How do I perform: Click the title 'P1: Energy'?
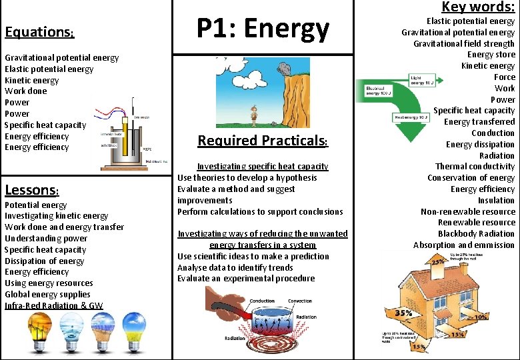263,28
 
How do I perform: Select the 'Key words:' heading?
478,7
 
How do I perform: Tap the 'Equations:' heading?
39,33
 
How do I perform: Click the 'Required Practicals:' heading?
263,141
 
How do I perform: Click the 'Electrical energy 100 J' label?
379,91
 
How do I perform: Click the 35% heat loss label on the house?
403,312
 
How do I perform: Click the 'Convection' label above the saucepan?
299,301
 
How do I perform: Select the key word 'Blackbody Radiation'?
476,234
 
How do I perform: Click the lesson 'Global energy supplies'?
47,295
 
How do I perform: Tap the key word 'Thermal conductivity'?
475,167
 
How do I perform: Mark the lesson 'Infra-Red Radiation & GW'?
54,306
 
